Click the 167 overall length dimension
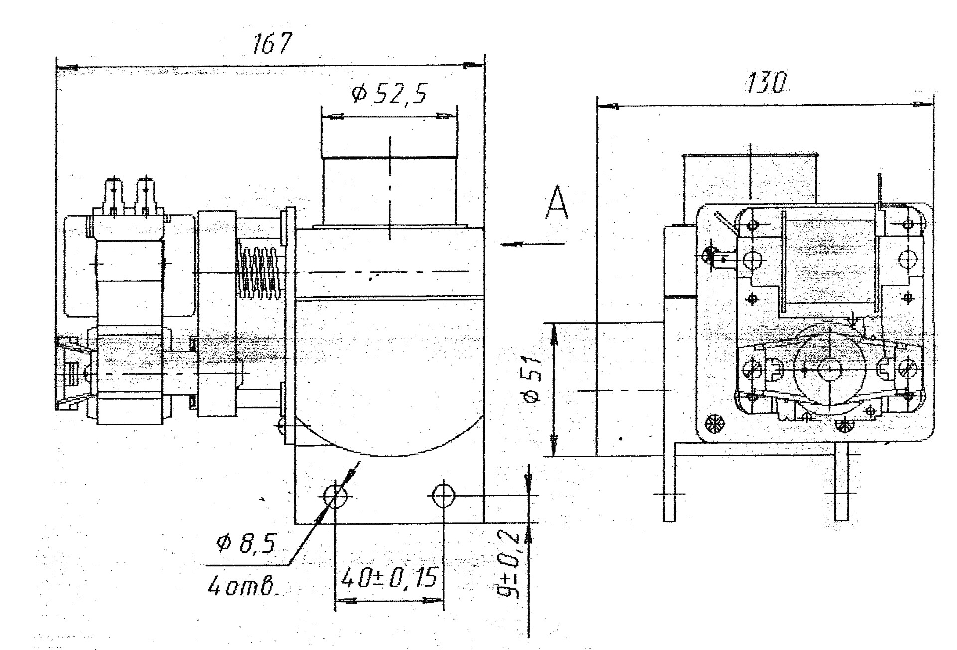point(271,44)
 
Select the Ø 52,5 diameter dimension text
point(389,94)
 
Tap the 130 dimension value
point(765,83)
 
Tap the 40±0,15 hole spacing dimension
point(389,577)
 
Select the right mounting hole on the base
point(443,495)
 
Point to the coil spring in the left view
point(260,272)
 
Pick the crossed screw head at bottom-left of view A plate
point(716,424)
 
